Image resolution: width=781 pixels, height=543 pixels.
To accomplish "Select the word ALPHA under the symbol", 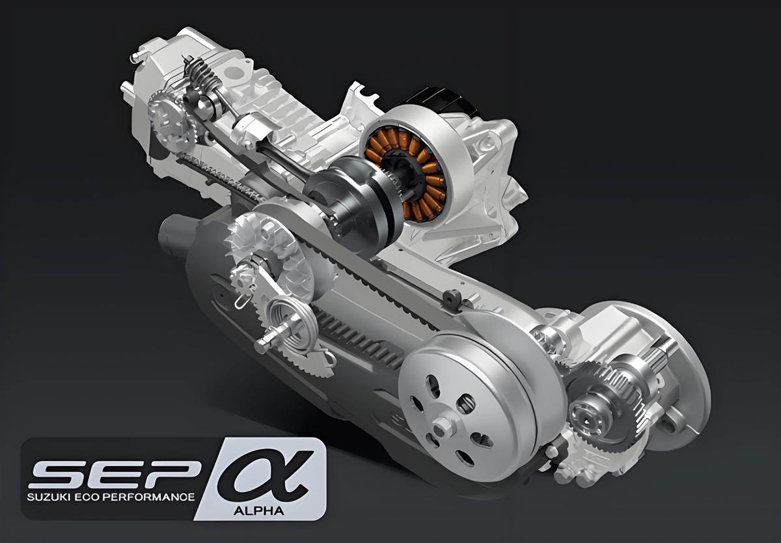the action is coord(259,511).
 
